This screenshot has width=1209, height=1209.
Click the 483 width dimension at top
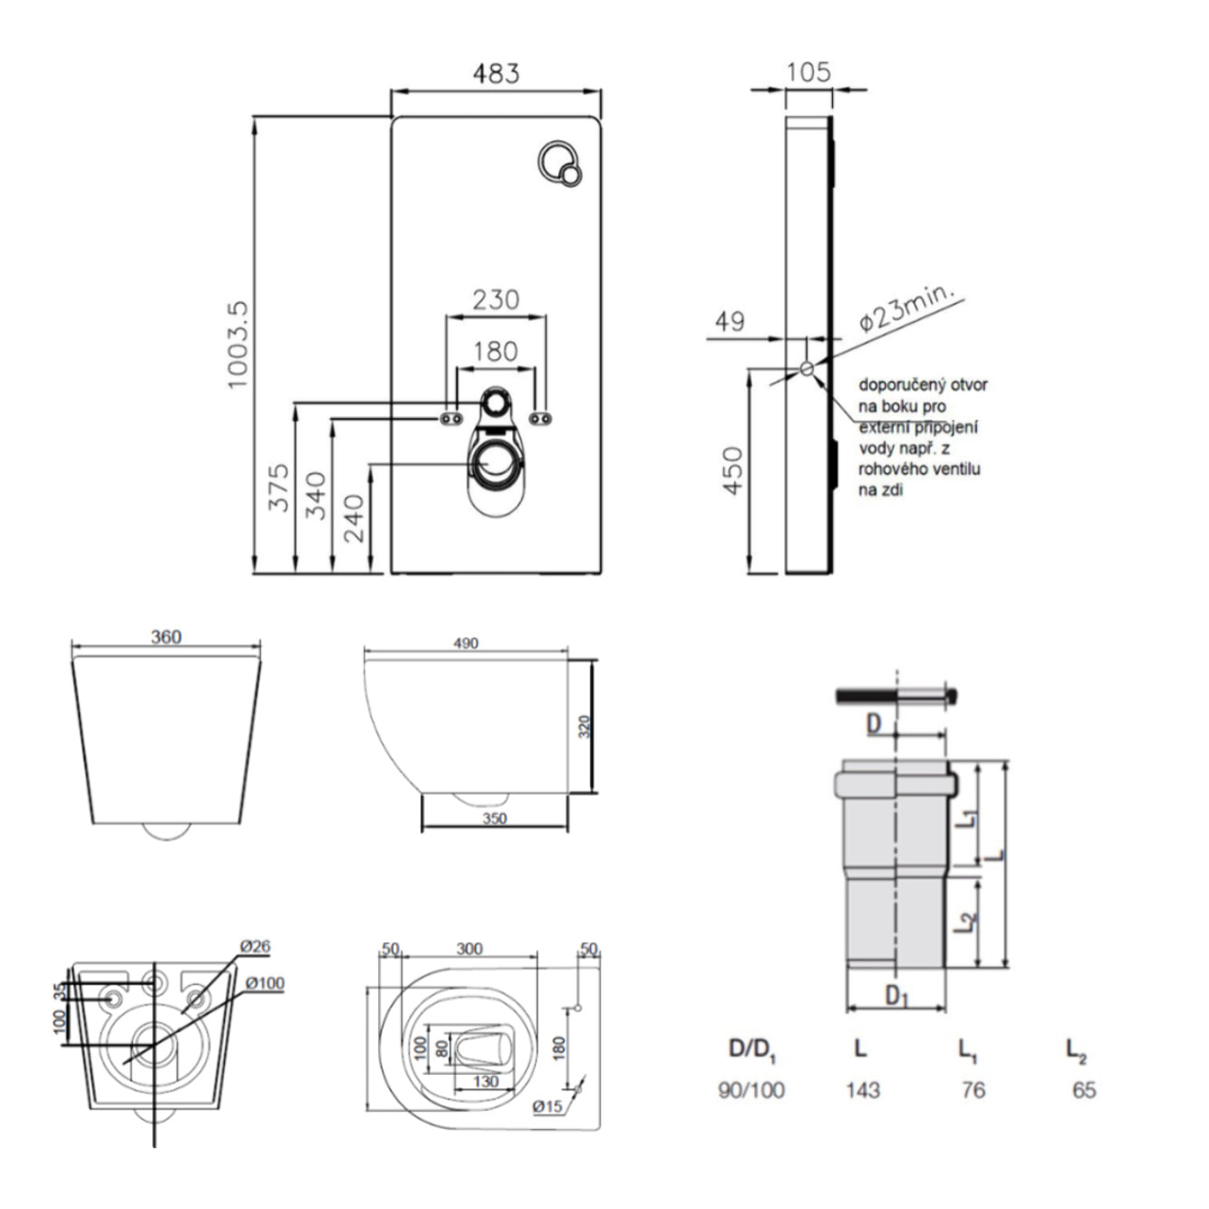click(x=496, y=73)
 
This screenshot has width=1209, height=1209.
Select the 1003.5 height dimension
click(x=237, y=345)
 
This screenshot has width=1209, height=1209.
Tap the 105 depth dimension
click(x=808, y=72)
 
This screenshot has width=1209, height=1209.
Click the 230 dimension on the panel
click(x=496, y=299)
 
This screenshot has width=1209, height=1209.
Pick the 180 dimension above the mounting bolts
click(x=496, y=351)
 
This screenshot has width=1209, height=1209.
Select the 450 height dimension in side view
click(x=732, y=469)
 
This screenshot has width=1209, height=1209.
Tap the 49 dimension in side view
click(x=730, y=321)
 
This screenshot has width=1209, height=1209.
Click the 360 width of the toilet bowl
click(x=166, y=637)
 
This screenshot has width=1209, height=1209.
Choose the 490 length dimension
click(x=466, y=643)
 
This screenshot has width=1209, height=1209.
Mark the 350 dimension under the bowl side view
click(x=494, y=818)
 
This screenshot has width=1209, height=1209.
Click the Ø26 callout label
click(x=255, y=946)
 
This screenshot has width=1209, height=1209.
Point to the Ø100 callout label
click(x=264, y=983)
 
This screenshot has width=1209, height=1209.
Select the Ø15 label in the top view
click(x=548, y=1107)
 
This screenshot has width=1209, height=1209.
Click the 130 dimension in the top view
click(x=486, y=1082)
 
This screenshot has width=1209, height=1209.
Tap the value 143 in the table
click(x=862, y=1089)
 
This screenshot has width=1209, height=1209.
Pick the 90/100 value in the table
click(x=750, y=1089)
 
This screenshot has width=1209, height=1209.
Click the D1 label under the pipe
click(x=896, y=997)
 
